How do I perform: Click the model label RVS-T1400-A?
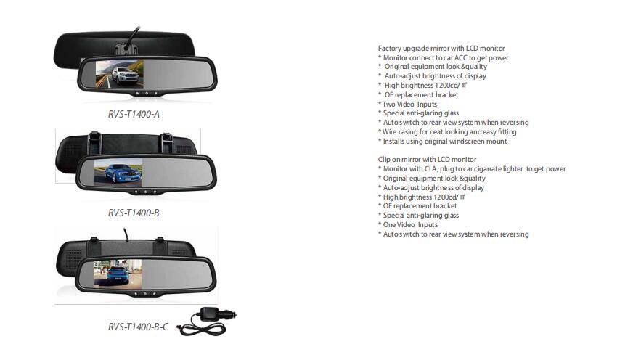click(x=134, y=114)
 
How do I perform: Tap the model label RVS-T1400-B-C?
click(x=138, y=327)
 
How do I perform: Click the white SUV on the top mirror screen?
click(x=125, y=76)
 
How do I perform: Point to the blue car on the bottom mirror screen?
click(x=118, y=275)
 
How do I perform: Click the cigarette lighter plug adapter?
click(x=216, y=315)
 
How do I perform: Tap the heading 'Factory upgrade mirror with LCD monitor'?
click(x=441, y=48)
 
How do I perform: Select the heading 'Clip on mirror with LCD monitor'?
click(x=427, y=160)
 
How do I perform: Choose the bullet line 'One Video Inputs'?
click(x=407, y=225)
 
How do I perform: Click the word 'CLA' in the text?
click(x=430, y=169)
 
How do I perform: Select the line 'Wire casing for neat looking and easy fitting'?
click(x=447, y=132)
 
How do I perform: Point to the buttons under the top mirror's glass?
click(x=147, y=94)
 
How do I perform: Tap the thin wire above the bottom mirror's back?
click(x=126, y=234)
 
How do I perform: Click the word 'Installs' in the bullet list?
click(x=393, y=142)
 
